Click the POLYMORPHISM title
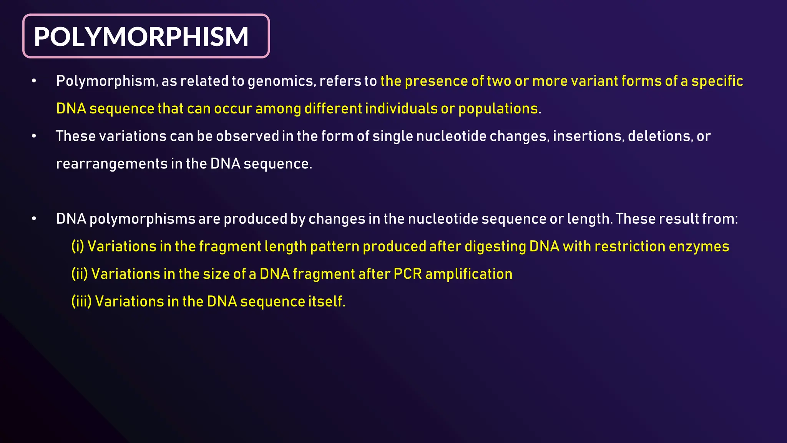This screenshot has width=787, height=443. coord(141,37)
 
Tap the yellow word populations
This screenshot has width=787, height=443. coord(498,109)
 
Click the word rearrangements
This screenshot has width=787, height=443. coord(112,164)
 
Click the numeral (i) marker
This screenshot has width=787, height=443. coord(78,246)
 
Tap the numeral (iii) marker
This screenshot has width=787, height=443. coord(81,301)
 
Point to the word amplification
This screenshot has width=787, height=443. coord(468,274)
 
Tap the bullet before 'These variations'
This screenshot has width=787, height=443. coord(34,136)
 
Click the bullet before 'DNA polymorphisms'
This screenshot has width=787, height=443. coord(34,219)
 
